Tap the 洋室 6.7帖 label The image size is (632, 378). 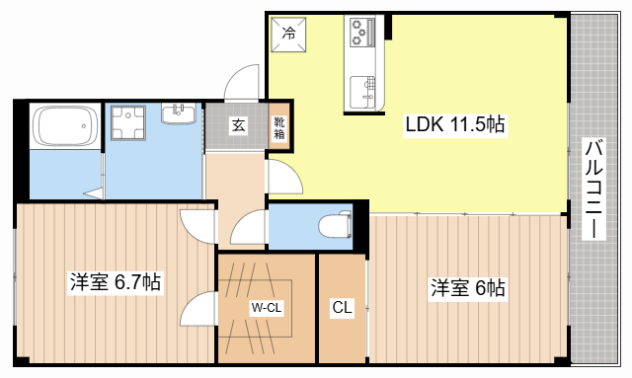pos(115,282)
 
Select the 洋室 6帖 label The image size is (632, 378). pos(467,288)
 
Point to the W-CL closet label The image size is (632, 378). pos(267,308)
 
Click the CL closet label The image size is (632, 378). pos(342,308)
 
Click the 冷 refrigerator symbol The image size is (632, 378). pos(289,35)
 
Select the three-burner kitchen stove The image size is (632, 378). pos(359,34)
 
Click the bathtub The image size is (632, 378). pos(64,127)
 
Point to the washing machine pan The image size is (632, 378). pos(127,125)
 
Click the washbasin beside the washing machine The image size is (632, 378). pos(179,113)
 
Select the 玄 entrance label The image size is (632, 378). pos(239,125)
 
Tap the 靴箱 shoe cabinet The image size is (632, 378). pos(280,126)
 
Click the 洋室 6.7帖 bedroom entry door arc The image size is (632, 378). pos(197,225)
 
